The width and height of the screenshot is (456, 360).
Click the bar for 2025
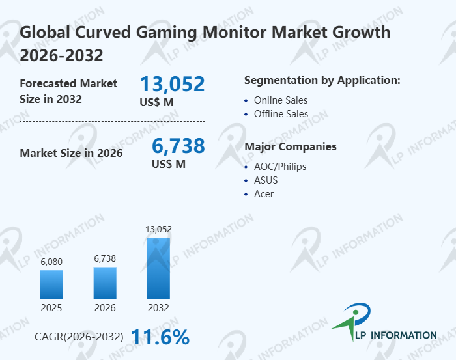[51, 284]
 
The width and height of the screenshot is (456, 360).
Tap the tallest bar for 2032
[158, 268]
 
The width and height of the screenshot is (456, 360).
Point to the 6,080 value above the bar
[51, 262]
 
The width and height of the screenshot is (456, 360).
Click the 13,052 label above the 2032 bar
[158, 228]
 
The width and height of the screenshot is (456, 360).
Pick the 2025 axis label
[51, 307]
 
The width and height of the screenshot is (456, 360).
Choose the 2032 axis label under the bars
[158, 307]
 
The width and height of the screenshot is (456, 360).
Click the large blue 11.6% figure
[160, 337]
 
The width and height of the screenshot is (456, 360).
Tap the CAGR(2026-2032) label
[79, 337]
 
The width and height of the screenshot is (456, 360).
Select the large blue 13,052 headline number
[173, 84]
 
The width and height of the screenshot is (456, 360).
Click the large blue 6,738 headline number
[178, 145]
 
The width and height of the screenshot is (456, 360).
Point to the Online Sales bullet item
[281, 100]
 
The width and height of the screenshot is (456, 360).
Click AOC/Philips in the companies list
[280, 166]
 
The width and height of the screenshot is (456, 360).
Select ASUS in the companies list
[266, 180]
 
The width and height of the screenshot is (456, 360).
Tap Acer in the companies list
[264, 193]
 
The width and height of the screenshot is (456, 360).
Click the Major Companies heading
[291, 146]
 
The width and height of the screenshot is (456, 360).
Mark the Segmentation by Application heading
[322, 81]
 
